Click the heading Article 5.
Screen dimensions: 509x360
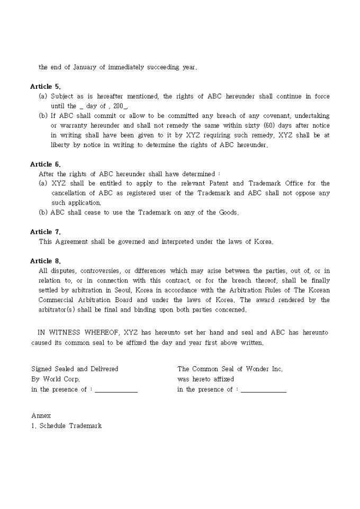(46, 86)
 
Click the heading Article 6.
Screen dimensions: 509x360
(46, 164)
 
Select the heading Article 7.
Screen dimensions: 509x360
(46, 232)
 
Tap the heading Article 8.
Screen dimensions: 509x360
(46, 261)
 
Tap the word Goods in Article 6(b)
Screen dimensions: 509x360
(228, 213)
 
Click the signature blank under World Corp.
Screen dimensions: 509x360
(116, 390)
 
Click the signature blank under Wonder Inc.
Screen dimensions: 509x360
(263, 390)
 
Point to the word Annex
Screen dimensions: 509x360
(41, 416)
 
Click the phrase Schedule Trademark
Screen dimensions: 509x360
(70, 426)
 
